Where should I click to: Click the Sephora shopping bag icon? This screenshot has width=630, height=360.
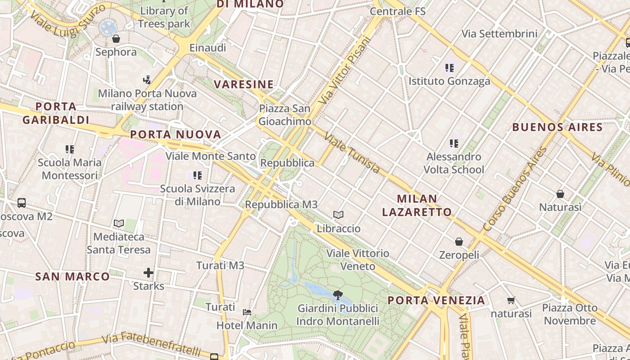[x=116, y=39]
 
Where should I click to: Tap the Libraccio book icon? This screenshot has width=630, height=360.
[x=338, y=215]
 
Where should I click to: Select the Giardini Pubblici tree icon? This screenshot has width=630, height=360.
[x=337, y=295]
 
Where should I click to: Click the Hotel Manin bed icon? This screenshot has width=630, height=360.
[x=247, y=312]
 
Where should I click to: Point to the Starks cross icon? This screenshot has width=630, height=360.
[x=148, y=273]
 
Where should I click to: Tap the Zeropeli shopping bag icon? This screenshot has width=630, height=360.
[x=459, y=242]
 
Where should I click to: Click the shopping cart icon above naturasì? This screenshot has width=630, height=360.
[x=511, y=300]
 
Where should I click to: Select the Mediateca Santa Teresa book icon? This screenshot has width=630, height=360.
[x=119, y=223]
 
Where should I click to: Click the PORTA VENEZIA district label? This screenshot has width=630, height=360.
[x=436, y=300]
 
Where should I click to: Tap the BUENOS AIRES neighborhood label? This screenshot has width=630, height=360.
[x=558, y=127]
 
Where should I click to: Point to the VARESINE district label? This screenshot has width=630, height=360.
[x=244, y=84]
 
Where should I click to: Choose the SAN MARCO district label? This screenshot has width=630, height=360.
[x=72, y=276]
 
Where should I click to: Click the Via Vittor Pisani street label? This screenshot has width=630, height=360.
[x=344, y=71]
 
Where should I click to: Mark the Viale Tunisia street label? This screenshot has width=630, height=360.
[x=352, y=153]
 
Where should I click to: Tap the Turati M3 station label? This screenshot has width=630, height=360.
[x=220, y=265]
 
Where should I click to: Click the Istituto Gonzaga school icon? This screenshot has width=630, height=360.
[x=449, y=68]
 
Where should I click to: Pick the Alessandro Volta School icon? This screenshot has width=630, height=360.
[x=454, y=144]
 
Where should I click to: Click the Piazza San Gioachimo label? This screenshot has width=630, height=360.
[x=284, y=115]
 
